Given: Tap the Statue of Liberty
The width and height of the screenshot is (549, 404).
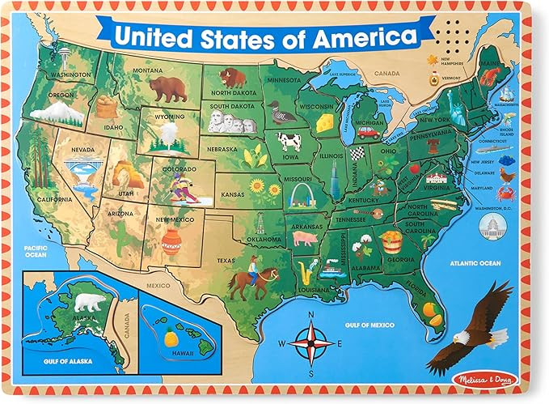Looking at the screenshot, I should click(x=458, y=110).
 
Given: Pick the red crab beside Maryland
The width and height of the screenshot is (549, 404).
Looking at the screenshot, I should click(x=509, y=193).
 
